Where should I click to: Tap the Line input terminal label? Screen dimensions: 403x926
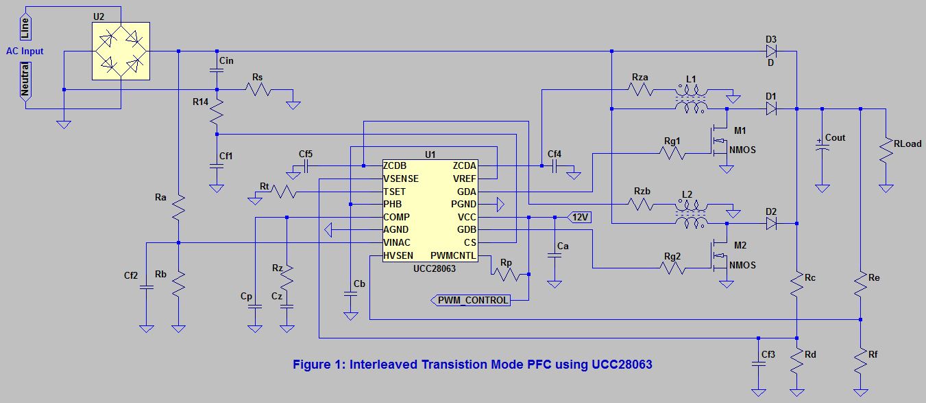click(x=25, y=27)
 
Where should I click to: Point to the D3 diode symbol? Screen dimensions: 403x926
click(x=771, y=51)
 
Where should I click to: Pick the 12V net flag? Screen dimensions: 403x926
click(x=580, y=217)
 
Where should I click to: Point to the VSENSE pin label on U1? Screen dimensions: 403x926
click(x=401, y=179)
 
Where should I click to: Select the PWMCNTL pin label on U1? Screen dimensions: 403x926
click(x=452, y=255)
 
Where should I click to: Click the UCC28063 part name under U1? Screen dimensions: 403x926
click(x=430, y=268)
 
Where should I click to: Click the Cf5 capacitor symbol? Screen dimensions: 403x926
click(x=306, y=165)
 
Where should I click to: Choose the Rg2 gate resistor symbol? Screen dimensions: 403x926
click(x=672, y=268)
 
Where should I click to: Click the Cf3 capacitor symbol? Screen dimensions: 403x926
click(x=759, y=365)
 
